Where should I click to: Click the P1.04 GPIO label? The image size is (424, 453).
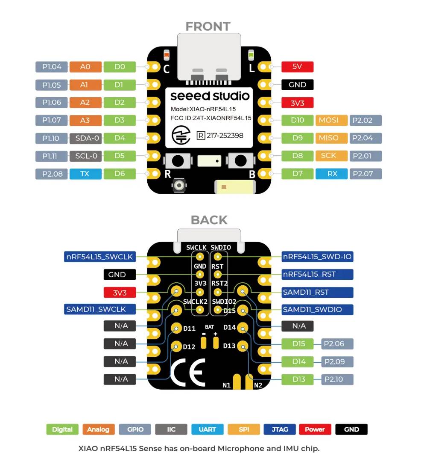(x=52, y=67)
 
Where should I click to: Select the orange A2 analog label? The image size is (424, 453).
(x=85, y=102)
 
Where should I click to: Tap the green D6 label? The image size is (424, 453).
(x=120, y=174)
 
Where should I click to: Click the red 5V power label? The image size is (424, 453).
(x=297, y=67)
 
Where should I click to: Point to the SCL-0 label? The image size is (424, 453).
(x=85, y=156)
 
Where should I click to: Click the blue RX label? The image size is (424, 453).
(x=332, y=174)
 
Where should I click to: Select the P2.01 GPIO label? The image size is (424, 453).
(x=366, y=156)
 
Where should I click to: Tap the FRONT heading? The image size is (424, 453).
(x=208, y=27)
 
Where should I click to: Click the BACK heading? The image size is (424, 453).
(x=209, y=220)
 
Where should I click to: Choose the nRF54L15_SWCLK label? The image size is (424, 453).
(x=99, y=257)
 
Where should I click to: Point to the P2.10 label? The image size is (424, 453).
(x=337, y=379)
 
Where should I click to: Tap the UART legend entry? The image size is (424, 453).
(x=207, y=429)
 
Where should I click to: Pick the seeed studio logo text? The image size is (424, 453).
(x=209, y=95)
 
